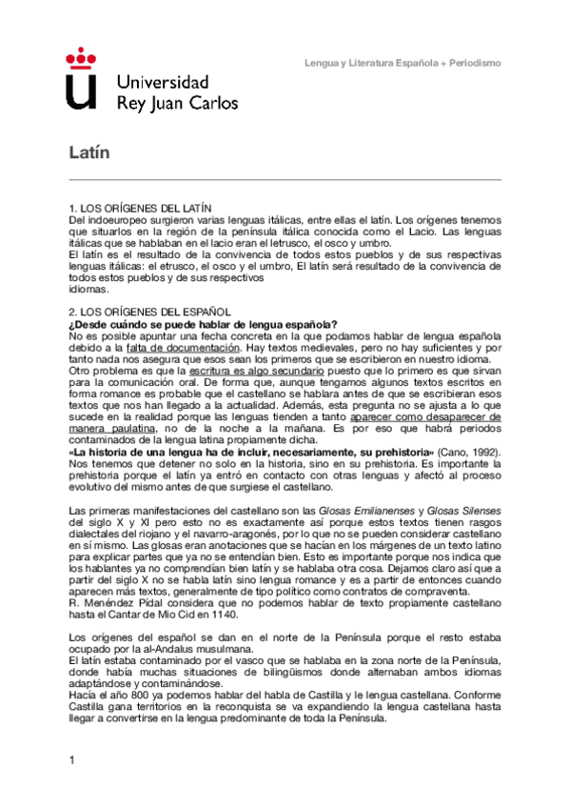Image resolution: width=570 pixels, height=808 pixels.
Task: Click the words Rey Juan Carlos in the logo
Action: [x=177, y=102]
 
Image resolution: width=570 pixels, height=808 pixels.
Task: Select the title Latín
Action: [x=90, y=152]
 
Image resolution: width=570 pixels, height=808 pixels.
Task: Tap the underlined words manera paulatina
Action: [x=113, y=427]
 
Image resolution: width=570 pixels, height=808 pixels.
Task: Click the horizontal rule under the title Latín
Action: [x=285, y=180]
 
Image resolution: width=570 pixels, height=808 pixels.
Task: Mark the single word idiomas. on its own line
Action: [x=90, y=290]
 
